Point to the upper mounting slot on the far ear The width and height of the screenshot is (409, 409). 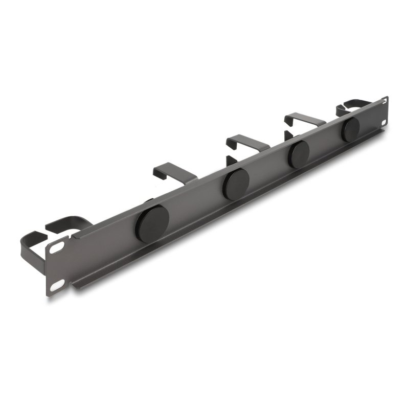tap(384, 103)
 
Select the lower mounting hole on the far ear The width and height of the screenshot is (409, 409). tap(384, 123)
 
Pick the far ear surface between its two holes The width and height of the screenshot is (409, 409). tap(384, 113)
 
